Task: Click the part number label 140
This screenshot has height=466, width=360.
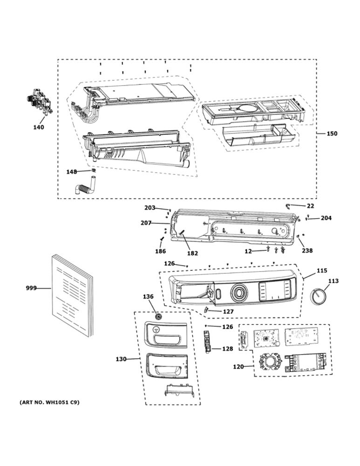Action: coord(38,127)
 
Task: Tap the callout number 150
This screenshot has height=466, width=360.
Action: coord(332,133)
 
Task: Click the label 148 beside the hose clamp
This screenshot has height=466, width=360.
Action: coord(71,172)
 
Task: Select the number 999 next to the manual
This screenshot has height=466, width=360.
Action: coord(31,288)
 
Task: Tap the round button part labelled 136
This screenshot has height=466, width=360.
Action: coord(158,316)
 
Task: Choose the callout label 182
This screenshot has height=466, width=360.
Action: coord(192,253)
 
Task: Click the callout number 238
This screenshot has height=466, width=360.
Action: coord(307,251)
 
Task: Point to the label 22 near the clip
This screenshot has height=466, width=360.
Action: coord(310,206)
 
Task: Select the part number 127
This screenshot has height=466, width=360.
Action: coord(228,311)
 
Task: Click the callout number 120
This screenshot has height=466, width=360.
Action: coord(238,367)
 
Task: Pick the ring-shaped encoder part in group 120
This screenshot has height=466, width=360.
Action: coord(269,363)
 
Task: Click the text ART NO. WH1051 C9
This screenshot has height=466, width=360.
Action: coord(49,403)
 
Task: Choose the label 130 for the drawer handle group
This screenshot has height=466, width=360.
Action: coord(121,359)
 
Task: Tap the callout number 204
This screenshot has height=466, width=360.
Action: coord(326,218)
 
